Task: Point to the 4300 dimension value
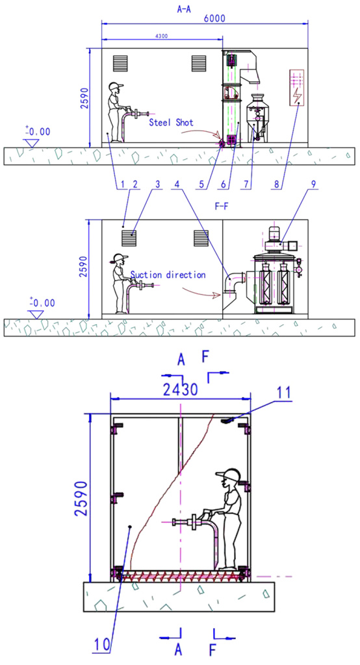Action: pos(162,36)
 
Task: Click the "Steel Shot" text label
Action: pos(171,123)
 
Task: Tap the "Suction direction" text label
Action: pos(168,275)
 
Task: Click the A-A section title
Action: pos(184,8)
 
